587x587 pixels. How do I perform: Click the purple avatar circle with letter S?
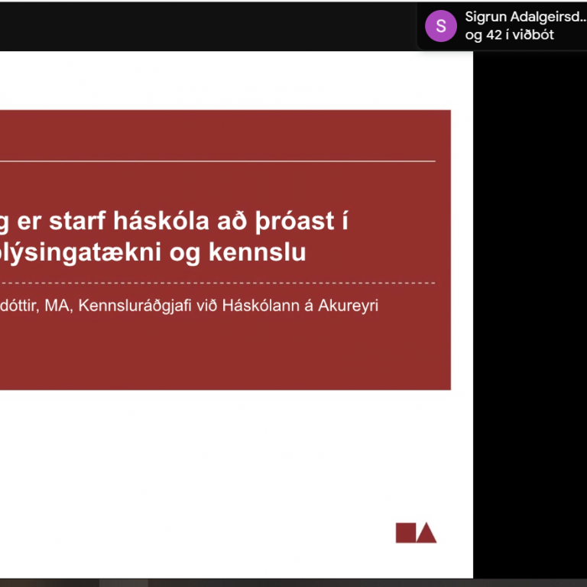pos(441,26)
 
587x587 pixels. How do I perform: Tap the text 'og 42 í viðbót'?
pos(509,35)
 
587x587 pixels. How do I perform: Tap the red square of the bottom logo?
pos(405,533)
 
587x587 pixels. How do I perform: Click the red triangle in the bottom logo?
pos(426,533)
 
